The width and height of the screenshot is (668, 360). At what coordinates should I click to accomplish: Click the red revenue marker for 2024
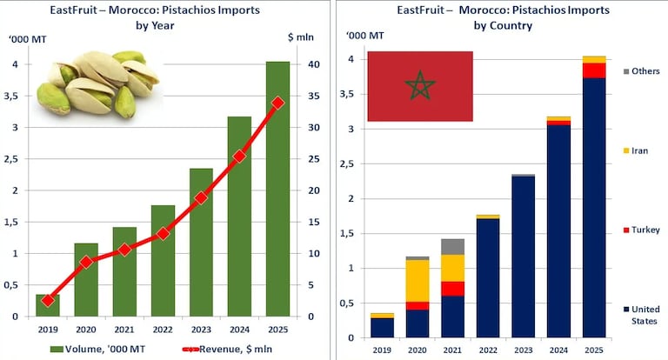[239, 157]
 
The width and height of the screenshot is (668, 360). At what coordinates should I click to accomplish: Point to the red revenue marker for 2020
[86, 262]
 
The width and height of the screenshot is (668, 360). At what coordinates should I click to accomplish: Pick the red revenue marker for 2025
[277, 103]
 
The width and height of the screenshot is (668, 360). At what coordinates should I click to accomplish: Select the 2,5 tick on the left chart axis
[17, 159]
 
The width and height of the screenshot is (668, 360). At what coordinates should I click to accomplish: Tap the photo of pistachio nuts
[96, 83]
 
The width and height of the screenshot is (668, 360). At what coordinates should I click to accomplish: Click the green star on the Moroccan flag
[420, 86]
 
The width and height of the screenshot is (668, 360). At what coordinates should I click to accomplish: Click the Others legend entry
[642, 71]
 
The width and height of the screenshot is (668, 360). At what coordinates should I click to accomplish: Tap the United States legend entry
[644, 314]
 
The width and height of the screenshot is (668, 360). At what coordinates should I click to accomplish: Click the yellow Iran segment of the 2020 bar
[417, 280]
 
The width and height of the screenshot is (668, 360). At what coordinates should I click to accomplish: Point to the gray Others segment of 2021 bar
[452, 246]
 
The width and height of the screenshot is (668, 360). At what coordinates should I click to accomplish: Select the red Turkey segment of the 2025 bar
[594, 70]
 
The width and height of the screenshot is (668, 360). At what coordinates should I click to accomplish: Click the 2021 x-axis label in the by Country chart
[452, 350]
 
